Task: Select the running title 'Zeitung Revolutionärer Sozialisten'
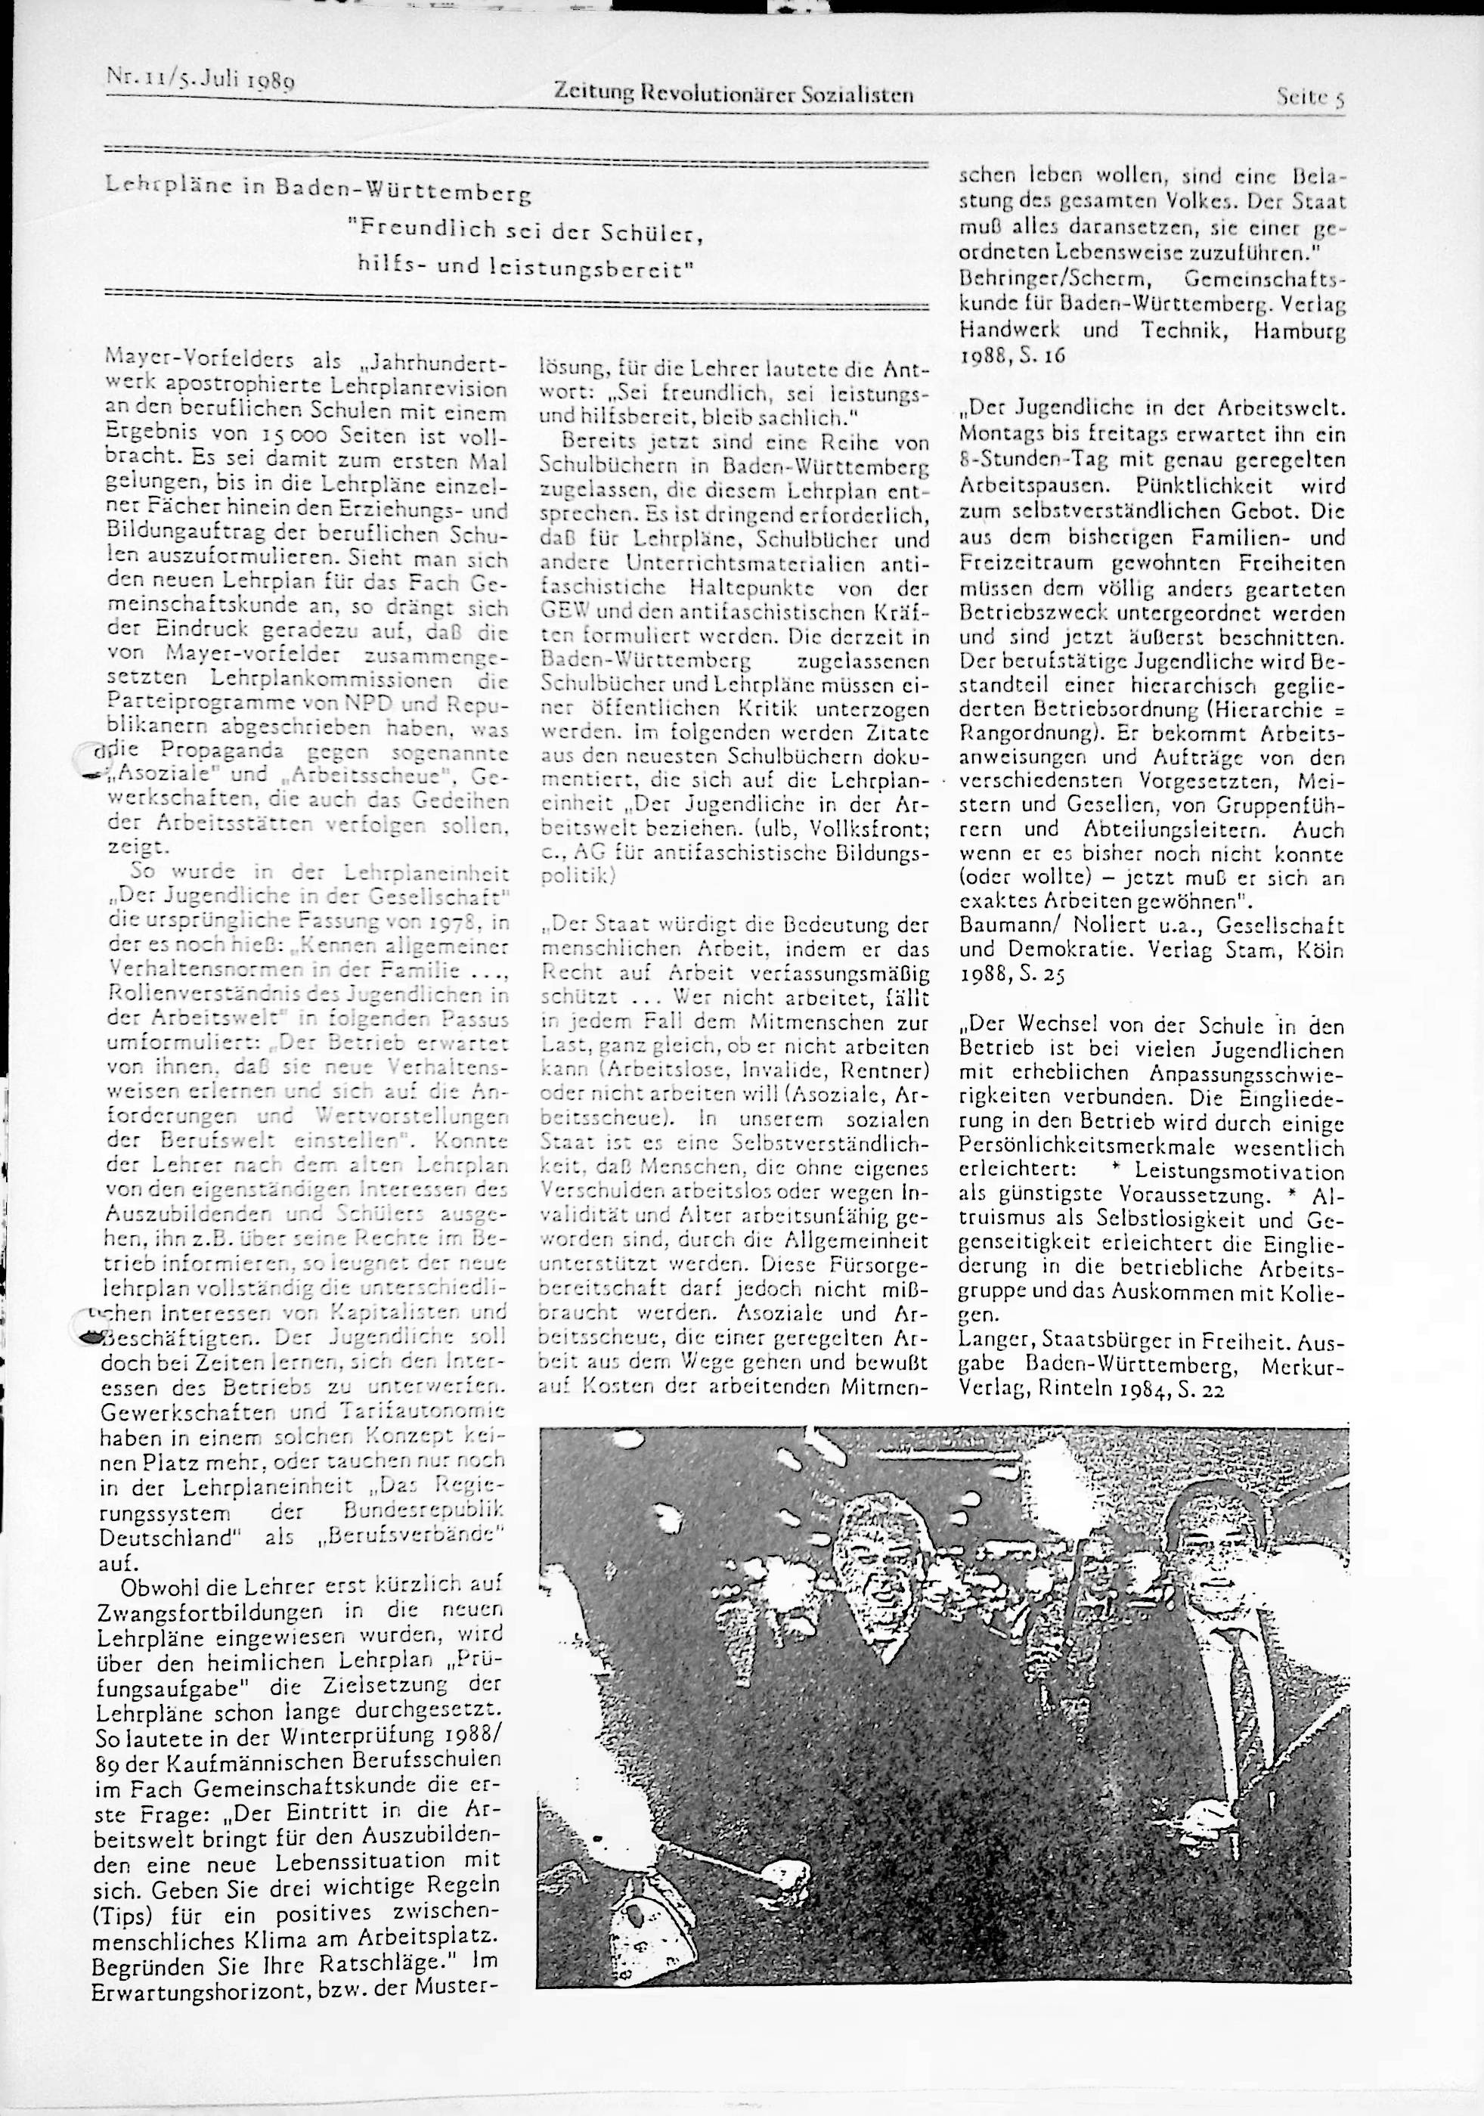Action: [733, 93]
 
